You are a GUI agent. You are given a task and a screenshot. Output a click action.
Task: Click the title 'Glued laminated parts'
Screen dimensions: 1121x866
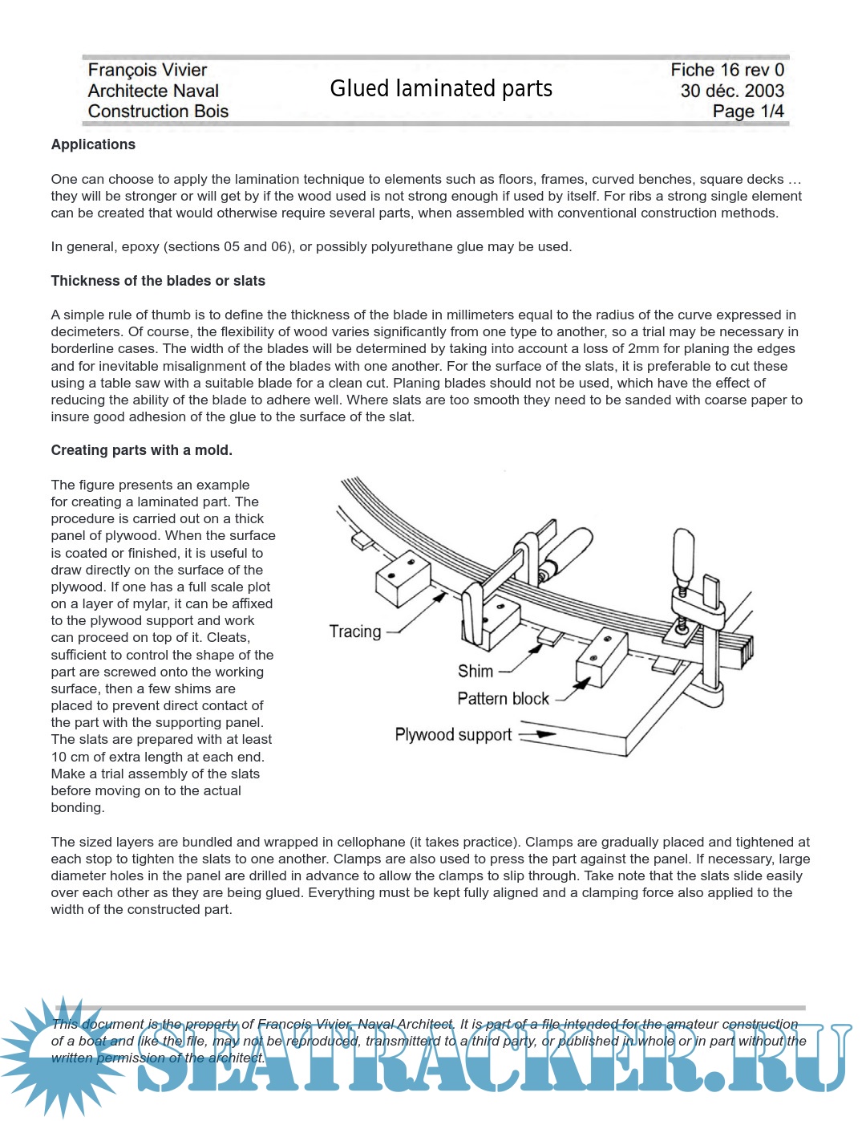[441, 88]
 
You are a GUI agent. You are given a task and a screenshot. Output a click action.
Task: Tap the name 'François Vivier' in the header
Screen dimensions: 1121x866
[148, 71]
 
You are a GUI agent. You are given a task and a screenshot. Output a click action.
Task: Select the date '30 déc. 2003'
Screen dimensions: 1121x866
[732, 91]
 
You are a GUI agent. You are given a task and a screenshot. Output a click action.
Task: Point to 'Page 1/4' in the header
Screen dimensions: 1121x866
[748, 112]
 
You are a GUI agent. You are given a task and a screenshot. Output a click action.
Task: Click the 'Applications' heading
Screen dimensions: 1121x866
[93, 144]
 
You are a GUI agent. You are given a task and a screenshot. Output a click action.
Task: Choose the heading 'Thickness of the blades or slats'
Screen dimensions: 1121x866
[158, 281]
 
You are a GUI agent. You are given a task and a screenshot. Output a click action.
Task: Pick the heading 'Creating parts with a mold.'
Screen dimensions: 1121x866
[141, 450]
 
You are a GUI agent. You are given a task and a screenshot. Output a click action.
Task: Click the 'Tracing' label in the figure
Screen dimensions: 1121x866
[355, 632]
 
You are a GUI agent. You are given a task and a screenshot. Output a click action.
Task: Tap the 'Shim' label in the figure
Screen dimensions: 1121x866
[475, 671]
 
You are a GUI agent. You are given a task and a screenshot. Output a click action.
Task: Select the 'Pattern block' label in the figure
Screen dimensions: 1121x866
[503, 699]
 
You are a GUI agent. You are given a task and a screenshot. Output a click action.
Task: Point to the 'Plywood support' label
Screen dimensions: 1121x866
[453, 735]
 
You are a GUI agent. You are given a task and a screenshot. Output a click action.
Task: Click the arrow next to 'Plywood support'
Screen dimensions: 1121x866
[537, 733]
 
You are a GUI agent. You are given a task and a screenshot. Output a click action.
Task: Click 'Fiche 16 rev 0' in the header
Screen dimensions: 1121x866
[727, 71]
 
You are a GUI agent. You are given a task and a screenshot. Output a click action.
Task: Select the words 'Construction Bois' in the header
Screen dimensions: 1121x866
[158, 112]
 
